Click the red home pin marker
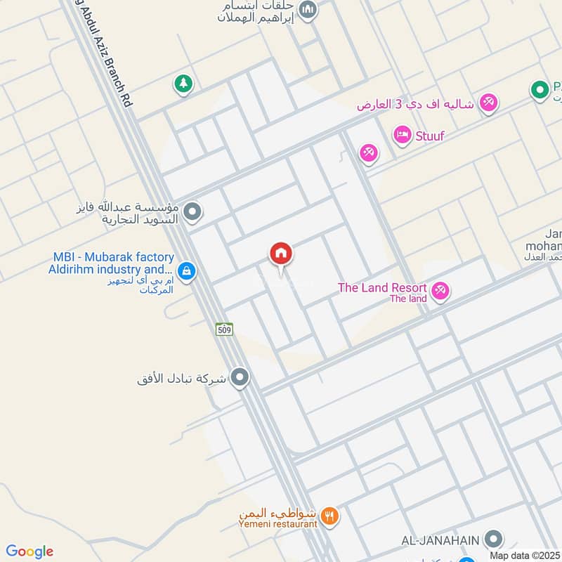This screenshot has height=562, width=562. (x=281, y=254)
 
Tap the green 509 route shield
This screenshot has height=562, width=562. (x=224, y=329)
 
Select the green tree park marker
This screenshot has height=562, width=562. (x=183, y=84)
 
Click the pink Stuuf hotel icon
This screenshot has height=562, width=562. (x=403, y=135)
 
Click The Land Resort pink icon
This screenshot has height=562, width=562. (x=440, y=291)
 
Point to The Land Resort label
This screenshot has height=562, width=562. (x=382, y=287)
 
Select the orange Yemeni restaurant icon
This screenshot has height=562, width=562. (x=330, y=518)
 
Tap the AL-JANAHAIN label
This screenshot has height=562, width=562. (x=440, y=540)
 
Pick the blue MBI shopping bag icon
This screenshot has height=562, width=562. (x=186, y=271)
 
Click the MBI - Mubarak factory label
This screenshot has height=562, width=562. (x=111, y=263)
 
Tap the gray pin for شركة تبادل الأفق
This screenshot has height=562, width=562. (x=241, y=379)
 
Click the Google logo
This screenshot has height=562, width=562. (x=30, y=551)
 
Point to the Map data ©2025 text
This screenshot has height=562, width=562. (x=525, y=555)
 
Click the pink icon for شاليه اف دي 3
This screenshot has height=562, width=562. (x=488, y=103)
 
